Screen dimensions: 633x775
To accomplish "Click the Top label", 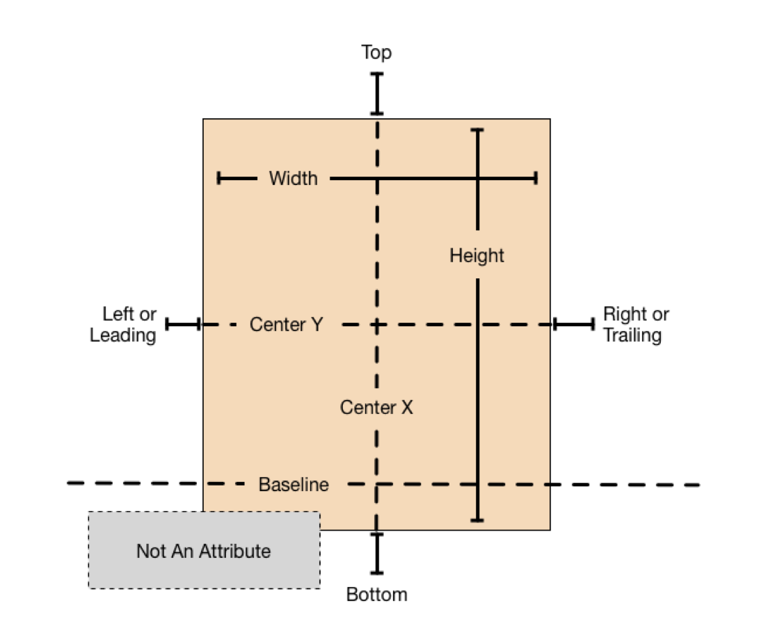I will click(376, 53).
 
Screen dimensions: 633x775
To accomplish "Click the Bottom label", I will click(376, 595).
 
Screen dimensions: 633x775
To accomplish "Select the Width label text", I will click(293, 179).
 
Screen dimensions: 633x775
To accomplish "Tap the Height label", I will click(477, 256).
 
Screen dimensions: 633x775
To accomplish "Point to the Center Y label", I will click(286, 325).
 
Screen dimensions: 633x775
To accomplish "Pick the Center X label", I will click(376, 408).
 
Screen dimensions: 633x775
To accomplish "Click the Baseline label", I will click(294, 485).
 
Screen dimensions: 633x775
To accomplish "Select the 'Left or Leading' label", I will click(124, 325).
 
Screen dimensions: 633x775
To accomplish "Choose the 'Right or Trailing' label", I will click(635, 325).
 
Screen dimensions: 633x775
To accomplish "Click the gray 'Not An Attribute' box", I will click(204, 551).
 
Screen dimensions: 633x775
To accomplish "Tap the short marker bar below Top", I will click(377, 93).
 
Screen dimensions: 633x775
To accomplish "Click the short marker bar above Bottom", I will click(377, 554).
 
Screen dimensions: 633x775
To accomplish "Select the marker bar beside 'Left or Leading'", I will click(183, 324).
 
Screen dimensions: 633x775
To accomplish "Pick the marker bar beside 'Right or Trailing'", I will click(574, 324).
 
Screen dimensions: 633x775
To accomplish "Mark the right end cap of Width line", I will click(536, 179).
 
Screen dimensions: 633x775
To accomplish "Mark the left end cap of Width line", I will click(218, 179).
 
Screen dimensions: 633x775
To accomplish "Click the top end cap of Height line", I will click(477, 130).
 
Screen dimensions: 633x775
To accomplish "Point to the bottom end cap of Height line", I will click(477, 520).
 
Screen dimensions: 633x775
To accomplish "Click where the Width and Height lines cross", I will click(477, 179).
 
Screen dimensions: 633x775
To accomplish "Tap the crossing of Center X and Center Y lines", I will click(377, 324).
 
